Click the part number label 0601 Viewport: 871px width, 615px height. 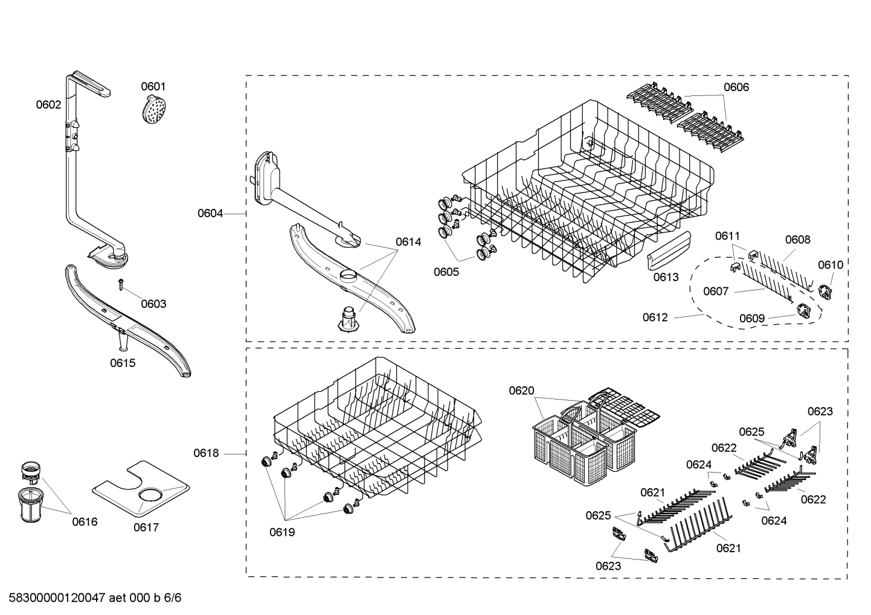pyautogui.click(x=153, y=86)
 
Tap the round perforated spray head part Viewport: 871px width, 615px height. pyautogui.click(x=154, y=110)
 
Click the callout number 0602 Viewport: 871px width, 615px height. pyautogui.click(x=48, y=104)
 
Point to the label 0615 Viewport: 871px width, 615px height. pyautogui.click(x=123, y=363)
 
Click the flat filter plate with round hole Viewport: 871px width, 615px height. pyautogui.click(x=141, y=488)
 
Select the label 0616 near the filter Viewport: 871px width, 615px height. pyautogui.click(x=85, y=521)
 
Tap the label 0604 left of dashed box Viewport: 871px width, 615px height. pyautogui.click(x=210, y=213)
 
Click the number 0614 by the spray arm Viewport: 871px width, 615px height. pyautogui.click(x=408, y=241)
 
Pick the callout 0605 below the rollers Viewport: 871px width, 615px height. pyautogui.click(x=446, y=272)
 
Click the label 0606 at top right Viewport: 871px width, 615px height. pyautogui.click(x=736, y=87)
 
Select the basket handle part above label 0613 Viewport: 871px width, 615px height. pyautogui.click(x=668, y=253)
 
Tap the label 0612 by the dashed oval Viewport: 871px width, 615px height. pyautogui.click(x=655, y=317)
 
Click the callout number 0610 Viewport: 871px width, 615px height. pyautogui.click(x=831, y=264)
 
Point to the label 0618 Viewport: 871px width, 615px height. pyautogui.click(x=206, y=453)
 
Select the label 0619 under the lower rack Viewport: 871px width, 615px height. pyautogui.click(x=282, y=532)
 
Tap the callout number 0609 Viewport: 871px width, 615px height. pyautogui.click(x=752, y=318)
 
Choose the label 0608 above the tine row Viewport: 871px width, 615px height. pyautogui.click(x=797, y=240)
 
